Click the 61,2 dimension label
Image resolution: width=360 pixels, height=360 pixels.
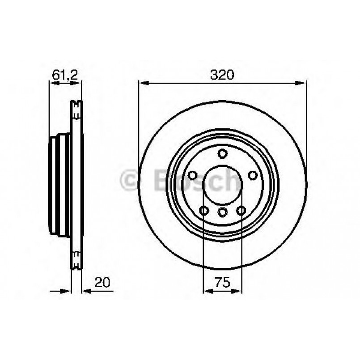click(65, 75)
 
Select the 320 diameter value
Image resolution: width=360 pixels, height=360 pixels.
click(222, 75)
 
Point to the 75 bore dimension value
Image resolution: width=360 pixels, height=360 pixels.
click(223, 282)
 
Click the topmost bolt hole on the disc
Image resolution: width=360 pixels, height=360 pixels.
click(222, 154)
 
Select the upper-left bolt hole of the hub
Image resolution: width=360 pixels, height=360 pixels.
click(193, 175)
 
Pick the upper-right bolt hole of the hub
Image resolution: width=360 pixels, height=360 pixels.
click(252, 175)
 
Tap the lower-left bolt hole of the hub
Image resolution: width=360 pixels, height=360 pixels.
click(204, 211)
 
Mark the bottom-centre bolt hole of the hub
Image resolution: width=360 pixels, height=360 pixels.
click(222, 212)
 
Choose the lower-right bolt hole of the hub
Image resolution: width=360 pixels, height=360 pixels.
click(241, 211)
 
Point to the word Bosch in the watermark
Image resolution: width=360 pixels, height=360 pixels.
click(197, 181)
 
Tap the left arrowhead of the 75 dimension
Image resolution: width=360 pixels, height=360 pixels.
click(207, 291)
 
